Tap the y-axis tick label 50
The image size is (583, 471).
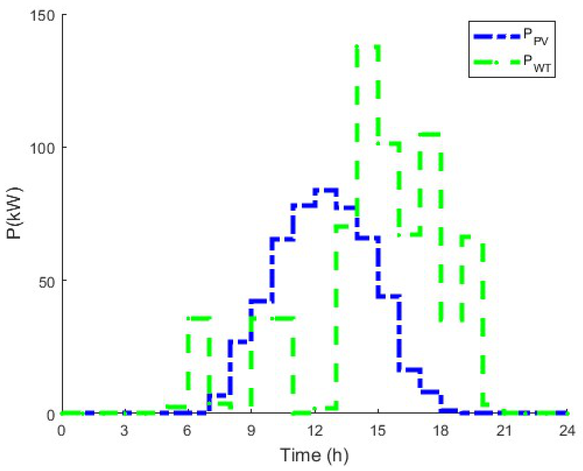pos(47,282)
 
